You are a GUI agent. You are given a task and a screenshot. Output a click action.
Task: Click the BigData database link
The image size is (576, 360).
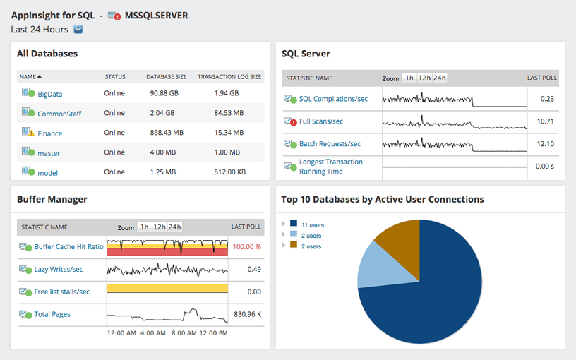coord(49,94)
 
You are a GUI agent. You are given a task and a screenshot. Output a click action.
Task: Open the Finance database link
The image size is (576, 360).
coord(49,133)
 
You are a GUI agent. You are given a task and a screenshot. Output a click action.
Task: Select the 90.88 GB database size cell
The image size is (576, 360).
coord(164,93)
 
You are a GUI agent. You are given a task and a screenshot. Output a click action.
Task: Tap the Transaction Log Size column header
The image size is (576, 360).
coord(229,76)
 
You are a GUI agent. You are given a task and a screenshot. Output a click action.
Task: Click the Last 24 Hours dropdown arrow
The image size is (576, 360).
coord(78,29)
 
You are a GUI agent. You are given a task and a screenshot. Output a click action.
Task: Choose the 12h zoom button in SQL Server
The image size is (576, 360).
coord(424,78)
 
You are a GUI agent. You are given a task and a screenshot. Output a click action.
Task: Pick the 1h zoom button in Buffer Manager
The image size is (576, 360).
coord(144,227)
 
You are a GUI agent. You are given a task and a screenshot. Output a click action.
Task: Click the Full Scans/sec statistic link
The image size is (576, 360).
coord(320,121)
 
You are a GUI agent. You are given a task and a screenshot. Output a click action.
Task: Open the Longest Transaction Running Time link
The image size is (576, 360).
coord(330,167)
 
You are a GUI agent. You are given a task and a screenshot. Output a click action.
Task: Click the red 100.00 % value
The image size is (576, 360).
coord(247,247)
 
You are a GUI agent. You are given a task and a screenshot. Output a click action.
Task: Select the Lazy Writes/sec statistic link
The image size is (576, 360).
coord(58,269)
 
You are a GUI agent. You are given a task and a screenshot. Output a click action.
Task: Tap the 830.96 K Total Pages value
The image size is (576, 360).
coord(247,314)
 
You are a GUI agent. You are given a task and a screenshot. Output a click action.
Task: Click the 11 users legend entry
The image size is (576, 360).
coord(312,224)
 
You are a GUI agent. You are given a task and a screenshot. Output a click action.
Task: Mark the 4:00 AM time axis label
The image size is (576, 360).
coord(153,332)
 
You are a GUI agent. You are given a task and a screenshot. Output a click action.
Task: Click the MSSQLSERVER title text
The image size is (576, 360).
coord(156,15)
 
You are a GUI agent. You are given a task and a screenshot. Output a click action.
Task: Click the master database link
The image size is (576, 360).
coord(49,153)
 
